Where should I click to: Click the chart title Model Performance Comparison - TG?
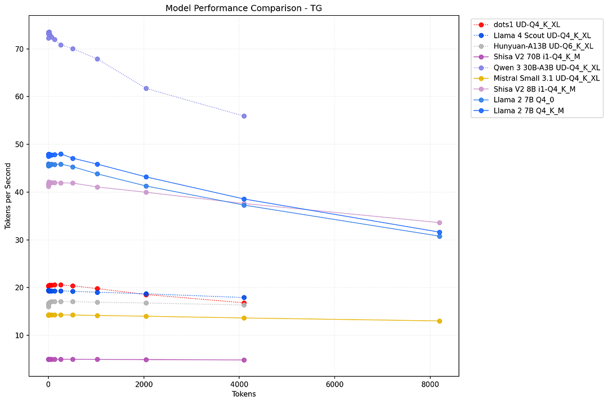click(243, 8)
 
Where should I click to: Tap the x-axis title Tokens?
click(244, 394)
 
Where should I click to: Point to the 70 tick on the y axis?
click(20, 49)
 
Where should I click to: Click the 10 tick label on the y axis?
click(20, 335)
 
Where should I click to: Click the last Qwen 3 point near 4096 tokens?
click(244, 116)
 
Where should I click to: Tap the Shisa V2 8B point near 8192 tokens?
click(439, 223)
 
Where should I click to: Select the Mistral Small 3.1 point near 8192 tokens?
click(439, 321)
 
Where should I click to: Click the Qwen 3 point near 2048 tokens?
click(146, 88)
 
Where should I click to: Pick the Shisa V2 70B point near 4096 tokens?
click(244, 360)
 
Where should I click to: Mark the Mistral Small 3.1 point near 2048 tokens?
click(146, 316)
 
